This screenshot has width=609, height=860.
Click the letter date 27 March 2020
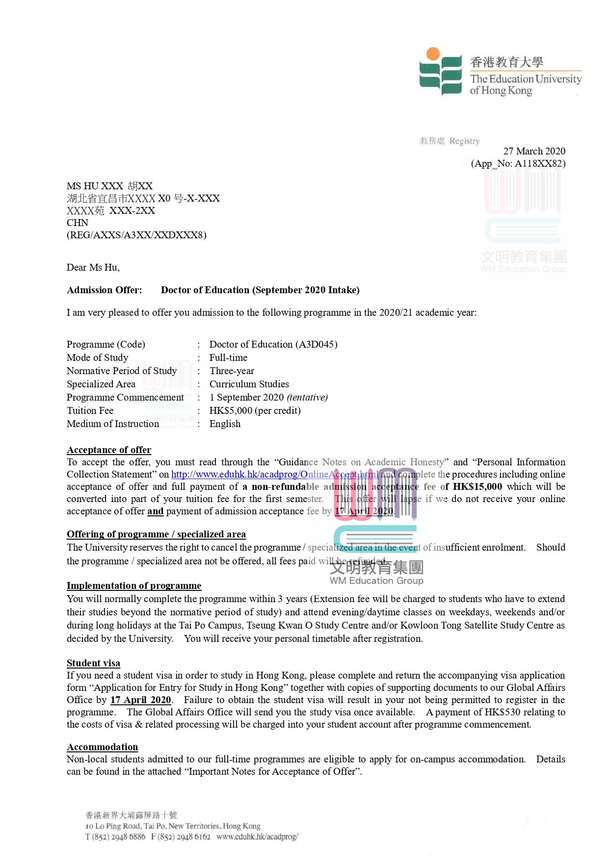coord(534,151)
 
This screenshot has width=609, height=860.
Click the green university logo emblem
coord(440,72)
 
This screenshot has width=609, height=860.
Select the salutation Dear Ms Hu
coord(93,267)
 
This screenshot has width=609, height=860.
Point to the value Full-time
coord(228,357)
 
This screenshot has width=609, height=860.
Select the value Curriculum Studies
coord(249,384)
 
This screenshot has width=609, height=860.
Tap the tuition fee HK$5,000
coord(231,410)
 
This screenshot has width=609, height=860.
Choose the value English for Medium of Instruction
coord(225,424)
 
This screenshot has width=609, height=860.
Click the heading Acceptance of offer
coord(109,450)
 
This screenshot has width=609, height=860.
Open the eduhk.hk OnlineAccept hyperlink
coord(274,474)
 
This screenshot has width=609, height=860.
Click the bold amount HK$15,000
coord(477,486)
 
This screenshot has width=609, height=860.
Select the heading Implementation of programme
coord(134,585)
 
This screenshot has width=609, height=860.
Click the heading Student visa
coord(93,663)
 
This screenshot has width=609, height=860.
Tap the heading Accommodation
coord(102,747)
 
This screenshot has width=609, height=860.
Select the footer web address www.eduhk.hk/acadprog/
coord(257,836)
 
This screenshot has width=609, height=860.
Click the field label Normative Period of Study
coord(122,371)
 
